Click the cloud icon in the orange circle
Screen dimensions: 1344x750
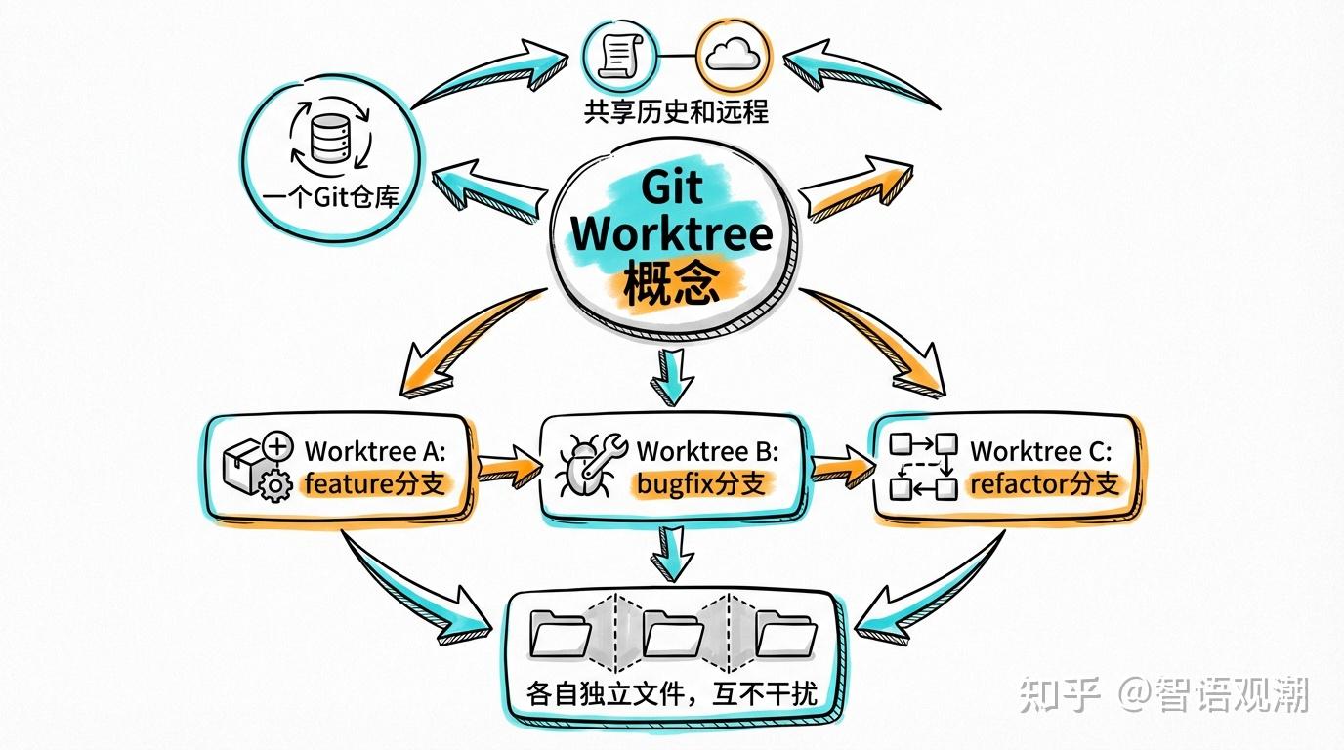coord(734,55)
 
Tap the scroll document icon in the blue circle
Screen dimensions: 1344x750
coord(621,55)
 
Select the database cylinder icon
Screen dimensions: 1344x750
coord(330,139)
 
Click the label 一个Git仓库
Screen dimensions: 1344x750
coord(330,197)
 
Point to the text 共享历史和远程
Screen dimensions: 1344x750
coord(676,112)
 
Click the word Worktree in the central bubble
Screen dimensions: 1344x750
coord(672,234)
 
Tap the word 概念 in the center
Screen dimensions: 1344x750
coord(672,284)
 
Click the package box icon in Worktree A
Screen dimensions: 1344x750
coord(243,466)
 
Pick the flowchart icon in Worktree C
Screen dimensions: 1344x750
coord(923,467)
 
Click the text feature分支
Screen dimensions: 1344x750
coord(375,483)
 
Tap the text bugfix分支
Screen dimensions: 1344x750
coord(700,483)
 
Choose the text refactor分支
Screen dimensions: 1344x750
coord(1045,483)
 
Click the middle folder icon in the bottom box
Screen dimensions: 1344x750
coord(673,634)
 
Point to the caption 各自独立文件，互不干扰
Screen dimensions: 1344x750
coord(672,694)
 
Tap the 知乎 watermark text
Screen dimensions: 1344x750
coord(1060,694)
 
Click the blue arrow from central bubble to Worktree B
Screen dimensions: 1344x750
coord(672,377)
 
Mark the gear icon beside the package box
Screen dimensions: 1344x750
coord(275,484)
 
